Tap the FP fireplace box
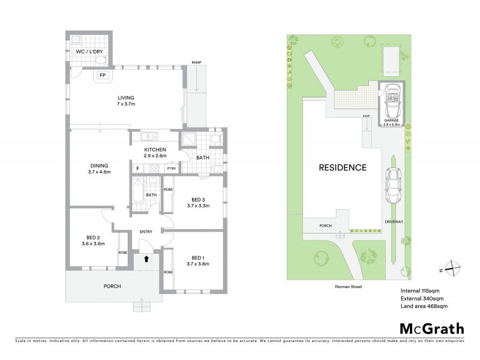tap(103, 76)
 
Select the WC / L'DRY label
tap(88, 52)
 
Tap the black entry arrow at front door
tap(145, 259)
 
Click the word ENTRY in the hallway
tap(146, 232)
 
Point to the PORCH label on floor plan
tap(112, 286)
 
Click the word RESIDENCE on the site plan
tap(342, 167)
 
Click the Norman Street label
tap(349, 287)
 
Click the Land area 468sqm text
tap(424, 307)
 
